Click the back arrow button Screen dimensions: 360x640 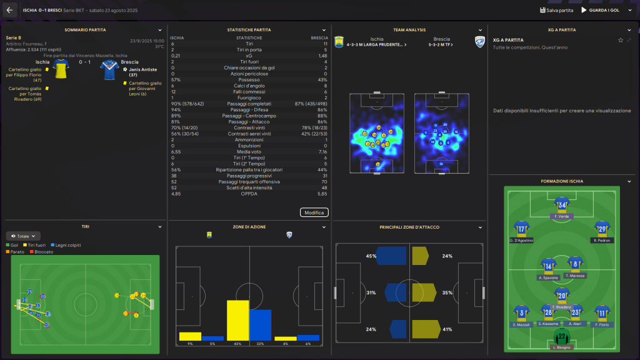coord(9,10)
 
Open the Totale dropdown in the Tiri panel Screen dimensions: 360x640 coord(23,236)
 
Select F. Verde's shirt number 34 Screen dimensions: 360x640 coord(562,205)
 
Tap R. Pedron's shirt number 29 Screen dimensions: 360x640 coord(602,228)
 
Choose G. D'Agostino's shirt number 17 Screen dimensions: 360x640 coord(521,228)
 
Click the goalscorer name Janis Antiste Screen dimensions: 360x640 coord(142,69)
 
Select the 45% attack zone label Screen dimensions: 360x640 coord(371,256)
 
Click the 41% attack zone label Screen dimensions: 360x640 coord(447,329)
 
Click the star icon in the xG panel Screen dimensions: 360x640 coord(621,40)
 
